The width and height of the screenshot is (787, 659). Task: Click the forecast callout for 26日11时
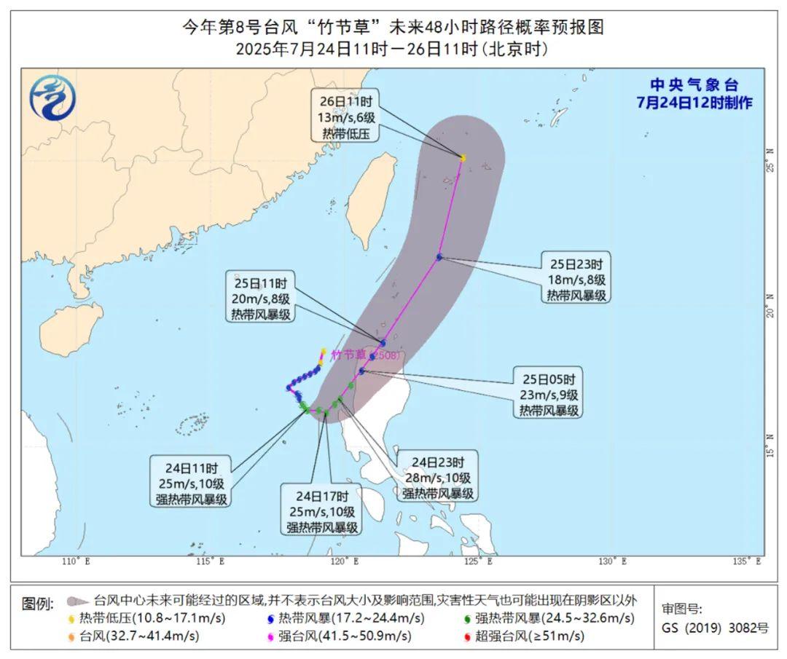tap(345, 117)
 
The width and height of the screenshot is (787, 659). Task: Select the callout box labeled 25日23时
tap(576, 278)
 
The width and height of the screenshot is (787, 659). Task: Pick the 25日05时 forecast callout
tap(549, 395)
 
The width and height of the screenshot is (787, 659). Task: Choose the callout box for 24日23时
tap(437, 478)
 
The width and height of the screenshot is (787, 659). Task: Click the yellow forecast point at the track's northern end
tap(463, 158)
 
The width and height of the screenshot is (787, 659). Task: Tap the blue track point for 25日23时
tap(439, 256)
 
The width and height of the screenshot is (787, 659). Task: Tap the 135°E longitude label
tap(746, 561)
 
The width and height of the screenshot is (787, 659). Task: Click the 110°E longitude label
tap(75, 561)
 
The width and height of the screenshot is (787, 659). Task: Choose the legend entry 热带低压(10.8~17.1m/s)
tap(146, 619)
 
